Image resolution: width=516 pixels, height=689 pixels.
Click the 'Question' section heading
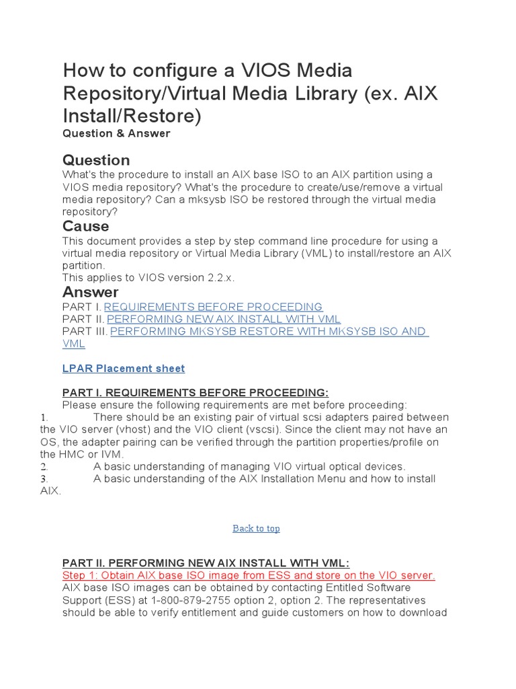[96, 160]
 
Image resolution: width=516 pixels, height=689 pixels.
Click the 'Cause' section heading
[85, 226]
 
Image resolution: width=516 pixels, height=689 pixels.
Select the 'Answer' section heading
[90, 292]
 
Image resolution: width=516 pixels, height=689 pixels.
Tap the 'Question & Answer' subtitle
[116, 133]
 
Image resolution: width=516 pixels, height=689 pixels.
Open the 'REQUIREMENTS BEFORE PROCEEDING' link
[213, 307]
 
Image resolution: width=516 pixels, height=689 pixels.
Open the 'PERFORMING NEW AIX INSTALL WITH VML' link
[224, 319]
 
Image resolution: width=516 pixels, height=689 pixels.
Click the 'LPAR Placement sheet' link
[123, 368]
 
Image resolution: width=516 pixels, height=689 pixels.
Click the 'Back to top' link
[256, 528]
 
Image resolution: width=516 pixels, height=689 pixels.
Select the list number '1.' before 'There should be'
[44, 417]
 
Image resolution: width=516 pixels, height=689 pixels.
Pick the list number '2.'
[44, 466]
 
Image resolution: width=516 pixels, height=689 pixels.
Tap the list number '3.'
[44, 478]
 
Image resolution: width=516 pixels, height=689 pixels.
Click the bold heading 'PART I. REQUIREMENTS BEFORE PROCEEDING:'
[196, 392]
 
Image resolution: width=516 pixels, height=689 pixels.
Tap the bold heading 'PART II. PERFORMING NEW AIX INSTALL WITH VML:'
[206, 563]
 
